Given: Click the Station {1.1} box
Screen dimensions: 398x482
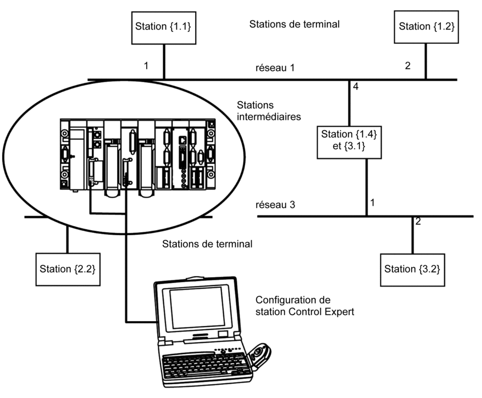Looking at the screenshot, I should [163, 26].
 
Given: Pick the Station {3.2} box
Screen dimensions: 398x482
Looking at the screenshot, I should [412, 269].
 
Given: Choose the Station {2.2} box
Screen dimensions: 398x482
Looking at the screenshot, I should [67, 269].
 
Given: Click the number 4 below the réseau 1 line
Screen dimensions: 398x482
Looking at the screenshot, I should [356, 87].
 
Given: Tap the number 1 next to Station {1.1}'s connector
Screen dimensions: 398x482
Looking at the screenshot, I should [146, 66].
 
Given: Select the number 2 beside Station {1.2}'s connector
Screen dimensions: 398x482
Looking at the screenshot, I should [407, 66].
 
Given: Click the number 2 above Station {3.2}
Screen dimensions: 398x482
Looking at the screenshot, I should [418, 222].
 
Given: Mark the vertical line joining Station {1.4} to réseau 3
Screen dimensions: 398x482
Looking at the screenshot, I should [367, 184].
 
